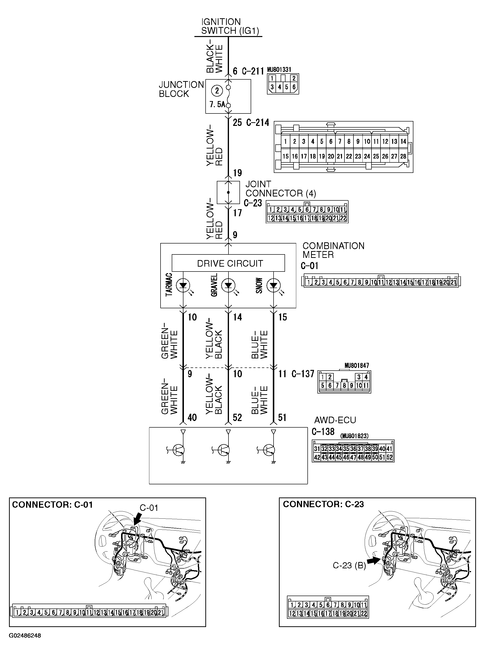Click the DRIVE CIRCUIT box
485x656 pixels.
pos(228,263)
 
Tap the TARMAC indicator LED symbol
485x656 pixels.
pos(183,285)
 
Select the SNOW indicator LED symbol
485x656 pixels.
pos(273,285)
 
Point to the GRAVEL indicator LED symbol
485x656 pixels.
pos(228,285)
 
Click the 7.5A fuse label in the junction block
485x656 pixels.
pos(217,104)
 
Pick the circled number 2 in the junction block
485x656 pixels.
pos(217,91)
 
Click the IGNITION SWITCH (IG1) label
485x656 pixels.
pos(230,26)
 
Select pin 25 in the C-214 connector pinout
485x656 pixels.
pos(376,156)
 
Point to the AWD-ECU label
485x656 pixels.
pos(335,420)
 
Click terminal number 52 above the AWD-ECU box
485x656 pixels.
pos(237,417)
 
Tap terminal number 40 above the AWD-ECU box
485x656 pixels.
pos(192,417)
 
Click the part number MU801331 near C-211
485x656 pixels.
pos(279,70)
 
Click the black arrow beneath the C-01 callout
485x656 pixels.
pos(136,520)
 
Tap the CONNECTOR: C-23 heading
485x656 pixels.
pos(323,504)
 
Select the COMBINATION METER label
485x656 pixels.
pos(333,250)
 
